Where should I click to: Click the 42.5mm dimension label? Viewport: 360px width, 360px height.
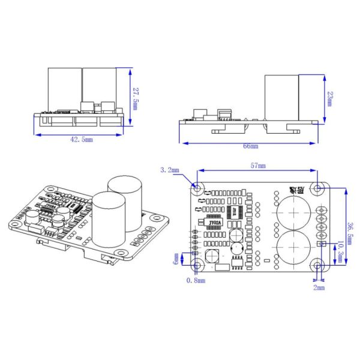(80, 140)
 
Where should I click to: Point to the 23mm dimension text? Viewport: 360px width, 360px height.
(329, 98)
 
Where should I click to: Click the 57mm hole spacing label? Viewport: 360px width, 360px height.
(258, 164)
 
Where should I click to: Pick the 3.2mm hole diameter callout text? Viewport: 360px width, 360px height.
(170, 170)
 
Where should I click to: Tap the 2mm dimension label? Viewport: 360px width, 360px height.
(319, 287)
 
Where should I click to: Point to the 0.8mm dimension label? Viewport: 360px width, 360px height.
(196, 280)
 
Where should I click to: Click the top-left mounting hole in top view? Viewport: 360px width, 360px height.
(198, 188)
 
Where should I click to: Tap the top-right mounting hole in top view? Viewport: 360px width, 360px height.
(317, 188)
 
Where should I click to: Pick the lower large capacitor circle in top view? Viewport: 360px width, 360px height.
(294, 246)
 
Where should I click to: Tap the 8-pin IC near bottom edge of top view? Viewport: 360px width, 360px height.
(238, 262)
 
